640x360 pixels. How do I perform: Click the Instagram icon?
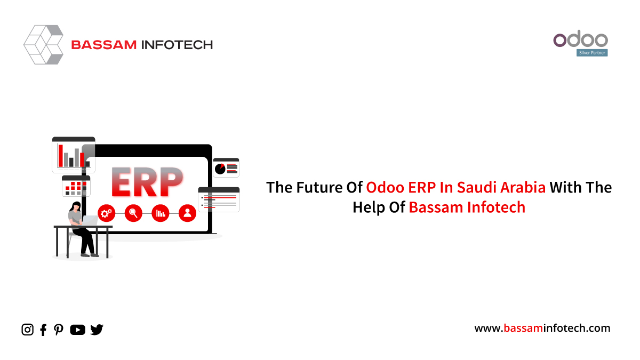(x=27, y=330)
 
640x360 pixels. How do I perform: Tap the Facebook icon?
(x=43, y=330)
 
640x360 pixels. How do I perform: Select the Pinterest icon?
(x=59, y=330)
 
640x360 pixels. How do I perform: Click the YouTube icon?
(x=77, y=330)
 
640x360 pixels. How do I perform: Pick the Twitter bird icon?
(x=97, y=330)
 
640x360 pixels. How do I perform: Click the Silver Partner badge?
(x=592, y=53)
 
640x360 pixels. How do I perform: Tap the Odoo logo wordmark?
(x=580, y=39)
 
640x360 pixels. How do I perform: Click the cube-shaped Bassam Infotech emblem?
(x=43, y=45)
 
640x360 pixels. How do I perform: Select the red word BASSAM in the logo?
(x=104, y=45)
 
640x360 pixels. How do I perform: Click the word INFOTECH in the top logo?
(x=177, y=45)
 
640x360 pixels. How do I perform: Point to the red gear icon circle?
(x=106, y=213)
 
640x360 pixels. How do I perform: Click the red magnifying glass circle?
(x=133, y=213)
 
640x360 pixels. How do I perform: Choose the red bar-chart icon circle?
(x=161, y=213)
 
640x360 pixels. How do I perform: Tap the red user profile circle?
(x=187, y=213)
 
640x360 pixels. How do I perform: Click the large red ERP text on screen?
(x=147, y=182)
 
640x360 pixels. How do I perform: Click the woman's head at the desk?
(x=76, y=206)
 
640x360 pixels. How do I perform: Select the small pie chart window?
(x=226, y=167)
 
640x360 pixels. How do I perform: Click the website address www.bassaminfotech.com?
(x=542, y=328)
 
